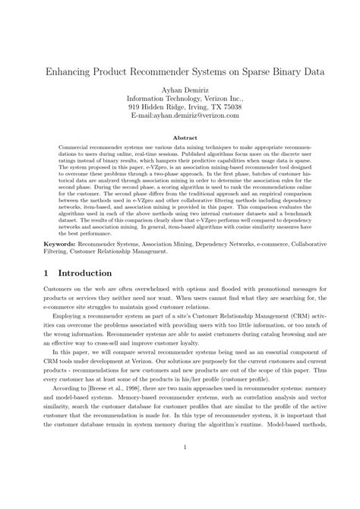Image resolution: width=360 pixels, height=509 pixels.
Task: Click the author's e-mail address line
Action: (x=180, y=117)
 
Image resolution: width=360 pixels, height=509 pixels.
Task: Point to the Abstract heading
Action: (x=180, y=138)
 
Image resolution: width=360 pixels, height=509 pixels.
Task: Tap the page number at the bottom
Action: (x=180, y=469)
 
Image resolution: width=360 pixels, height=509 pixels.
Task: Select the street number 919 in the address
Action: (x=134, y=108)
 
